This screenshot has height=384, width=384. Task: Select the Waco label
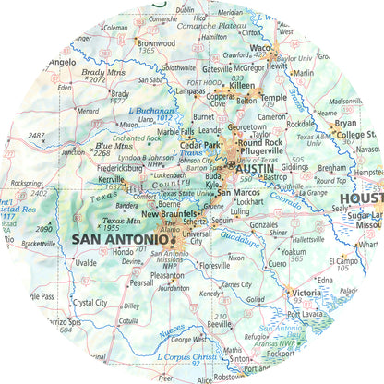[261, 47]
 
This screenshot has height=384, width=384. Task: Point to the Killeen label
[242, 84]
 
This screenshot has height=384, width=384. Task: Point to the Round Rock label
[261, 142]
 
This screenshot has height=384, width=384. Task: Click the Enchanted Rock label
[137, 138]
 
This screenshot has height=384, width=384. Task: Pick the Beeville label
[219, 325]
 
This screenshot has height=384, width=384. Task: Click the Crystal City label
[90, 302]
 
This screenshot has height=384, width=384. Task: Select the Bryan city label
[345, 122]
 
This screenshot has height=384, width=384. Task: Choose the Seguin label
[222, 221]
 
